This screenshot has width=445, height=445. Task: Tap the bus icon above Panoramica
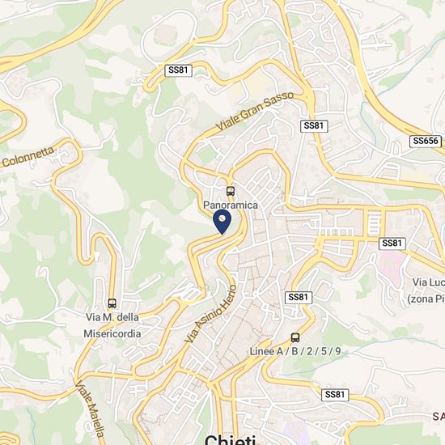pos(231,192)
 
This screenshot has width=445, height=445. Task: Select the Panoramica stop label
pos(231,206)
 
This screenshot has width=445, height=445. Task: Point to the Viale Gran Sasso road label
pos(254,112)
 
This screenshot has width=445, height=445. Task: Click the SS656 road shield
pos(425,141)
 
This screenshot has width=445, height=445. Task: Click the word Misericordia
pos(112,333)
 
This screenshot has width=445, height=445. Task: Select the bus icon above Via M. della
pos(112,303)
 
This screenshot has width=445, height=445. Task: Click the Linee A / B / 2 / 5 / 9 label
pos(295,351)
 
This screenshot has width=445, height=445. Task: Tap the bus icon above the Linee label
pos(295,337)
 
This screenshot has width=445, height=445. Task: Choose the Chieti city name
pos(231,440)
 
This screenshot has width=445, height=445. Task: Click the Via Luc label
pos(427,282)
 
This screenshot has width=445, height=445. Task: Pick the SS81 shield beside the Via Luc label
pos(392,244)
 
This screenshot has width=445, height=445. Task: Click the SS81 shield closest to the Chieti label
pos(334,394)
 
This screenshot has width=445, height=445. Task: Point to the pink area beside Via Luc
pos(393,267)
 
